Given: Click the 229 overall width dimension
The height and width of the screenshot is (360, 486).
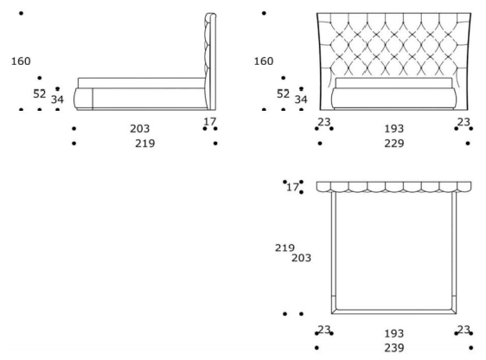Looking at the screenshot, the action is (394, 144).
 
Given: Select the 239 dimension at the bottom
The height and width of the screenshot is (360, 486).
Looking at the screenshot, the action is (394, 348).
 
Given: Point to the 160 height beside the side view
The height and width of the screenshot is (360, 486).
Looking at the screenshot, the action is (21, 61).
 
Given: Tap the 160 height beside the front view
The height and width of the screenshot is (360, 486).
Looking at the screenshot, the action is (264, 61).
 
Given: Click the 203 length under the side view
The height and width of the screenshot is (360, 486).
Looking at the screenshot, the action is (140, 128).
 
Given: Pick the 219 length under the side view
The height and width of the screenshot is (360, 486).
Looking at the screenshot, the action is (144, 144).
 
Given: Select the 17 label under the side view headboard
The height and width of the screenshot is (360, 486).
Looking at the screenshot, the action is (209, 121).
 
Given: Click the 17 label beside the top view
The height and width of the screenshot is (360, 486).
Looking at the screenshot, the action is (292, 187).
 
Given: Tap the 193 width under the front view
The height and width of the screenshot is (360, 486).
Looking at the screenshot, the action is (394, 128).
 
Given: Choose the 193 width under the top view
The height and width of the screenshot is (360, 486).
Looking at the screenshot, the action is (394, 334).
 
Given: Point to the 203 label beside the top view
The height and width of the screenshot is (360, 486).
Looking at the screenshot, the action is (301, 258).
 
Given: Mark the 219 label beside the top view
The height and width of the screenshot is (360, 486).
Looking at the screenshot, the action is (285, 247).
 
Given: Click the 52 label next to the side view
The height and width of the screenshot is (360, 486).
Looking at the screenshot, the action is (40, 93).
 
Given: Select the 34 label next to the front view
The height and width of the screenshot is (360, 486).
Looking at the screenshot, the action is (301, 100).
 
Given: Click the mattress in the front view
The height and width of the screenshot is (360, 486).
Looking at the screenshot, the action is (393, 83).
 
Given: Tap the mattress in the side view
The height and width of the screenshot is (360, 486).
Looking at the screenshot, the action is (141, 83).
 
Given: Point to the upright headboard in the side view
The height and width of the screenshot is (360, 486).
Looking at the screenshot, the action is (210, 61).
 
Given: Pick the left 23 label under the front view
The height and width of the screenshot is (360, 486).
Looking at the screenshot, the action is (324, 122).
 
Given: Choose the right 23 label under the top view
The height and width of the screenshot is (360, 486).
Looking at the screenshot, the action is (464, 330).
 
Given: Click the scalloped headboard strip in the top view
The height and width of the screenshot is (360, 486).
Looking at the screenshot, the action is (393, 187).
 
